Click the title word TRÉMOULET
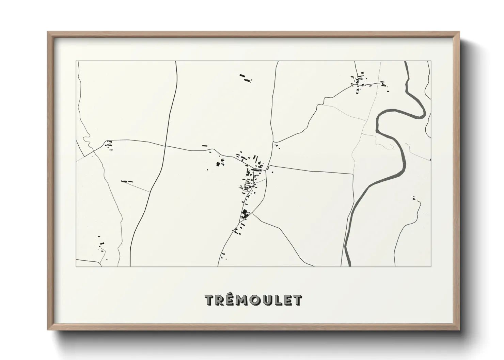(253, 300)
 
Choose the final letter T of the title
(297, 300)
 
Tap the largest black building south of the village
(244, 214)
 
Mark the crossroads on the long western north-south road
(166, 146)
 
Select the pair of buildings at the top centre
(246, 78)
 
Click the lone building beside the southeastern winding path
(414, 198)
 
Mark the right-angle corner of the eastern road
(353, 174)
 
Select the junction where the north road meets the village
(268, 166)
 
